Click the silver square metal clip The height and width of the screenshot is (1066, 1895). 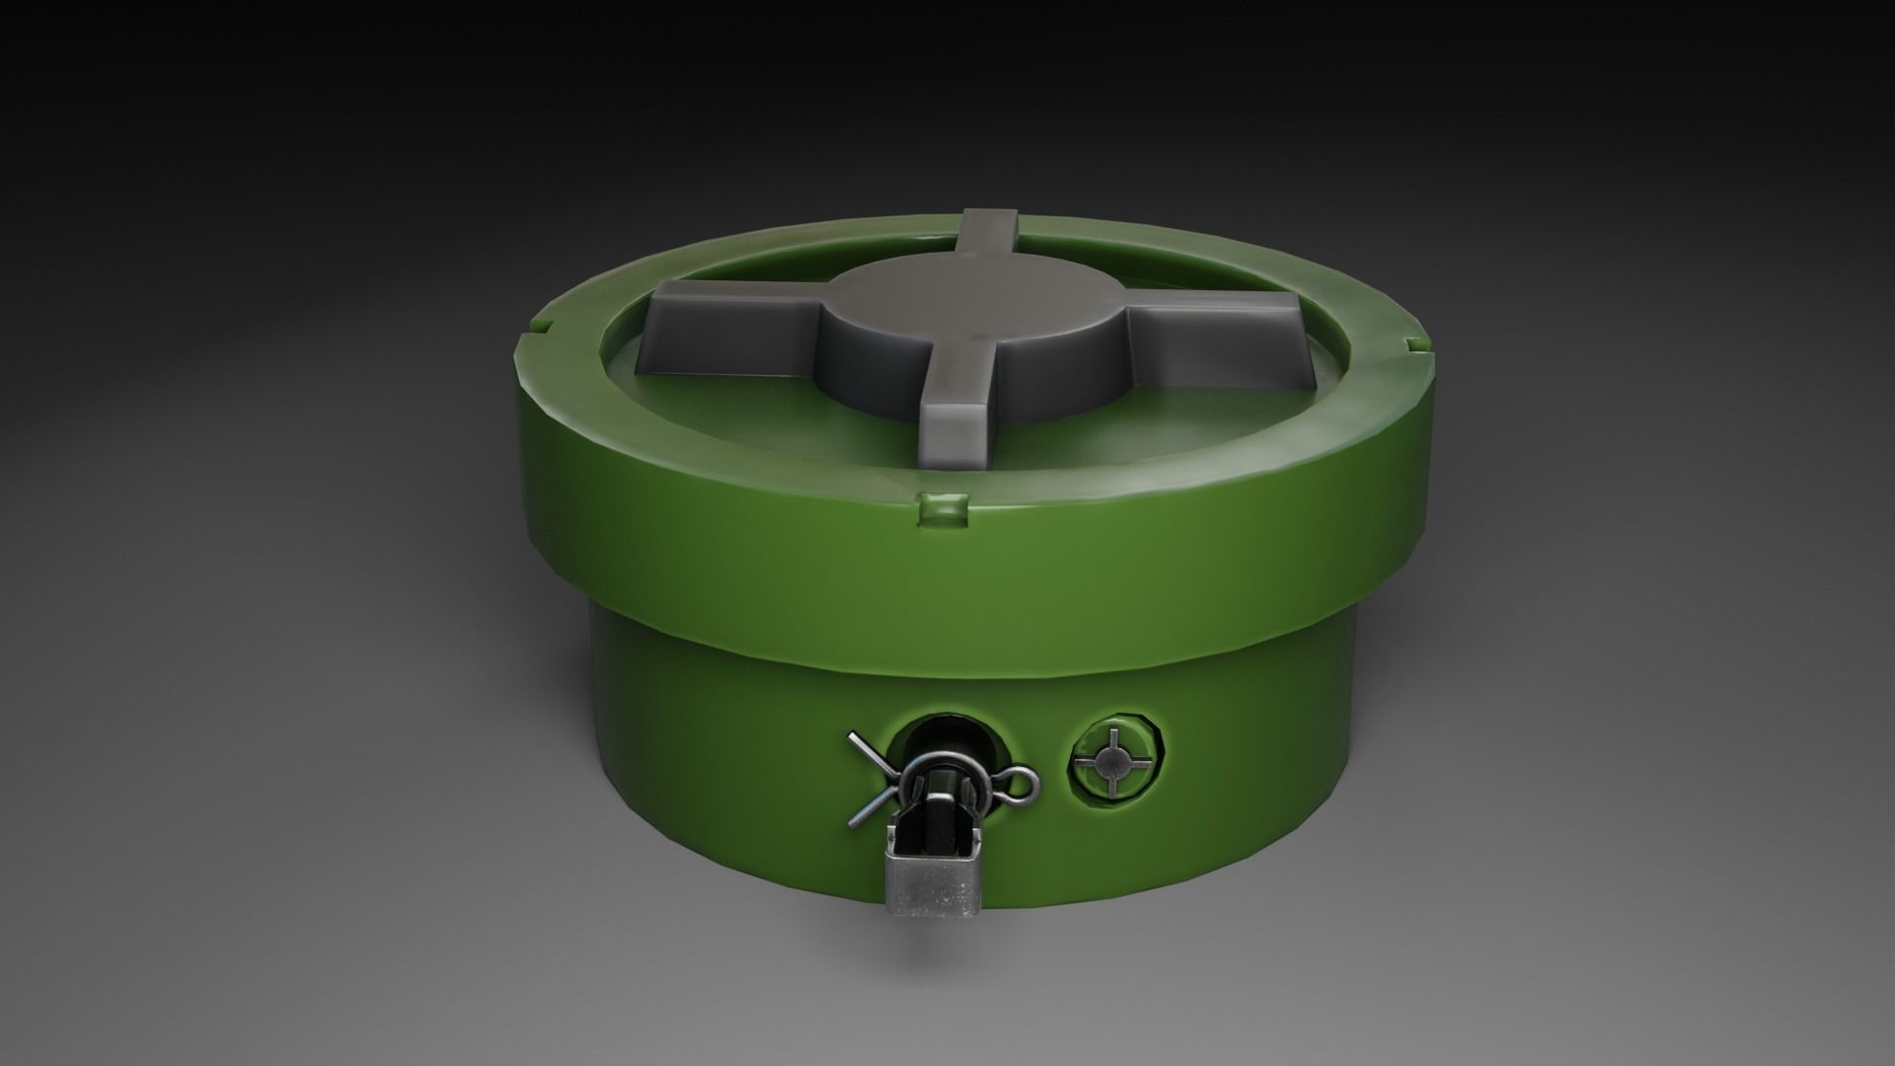932,885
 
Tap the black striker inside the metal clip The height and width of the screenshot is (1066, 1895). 940,823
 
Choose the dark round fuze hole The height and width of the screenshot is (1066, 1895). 951,735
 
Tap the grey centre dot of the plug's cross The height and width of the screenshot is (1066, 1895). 1113,761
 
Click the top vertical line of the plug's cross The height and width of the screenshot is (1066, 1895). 1113,736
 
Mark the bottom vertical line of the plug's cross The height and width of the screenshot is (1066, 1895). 1112,789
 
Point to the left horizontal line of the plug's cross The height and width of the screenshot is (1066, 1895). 1084,761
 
